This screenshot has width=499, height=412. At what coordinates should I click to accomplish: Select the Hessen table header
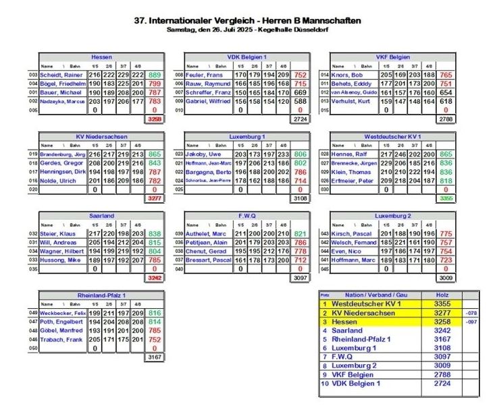tap(102, 57)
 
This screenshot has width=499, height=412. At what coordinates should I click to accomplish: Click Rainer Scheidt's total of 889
tap(155, 75)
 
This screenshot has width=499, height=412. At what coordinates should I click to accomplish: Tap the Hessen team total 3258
tap(155, 119)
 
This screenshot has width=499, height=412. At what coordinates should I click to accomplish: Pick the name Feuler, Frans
tap(203, 75)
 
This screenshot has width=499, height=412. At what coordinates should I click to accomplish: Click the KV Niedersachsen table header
tap(102, 136)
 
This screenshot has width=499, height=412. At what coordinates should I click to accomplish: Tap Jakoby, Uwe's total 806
tap(300, 154)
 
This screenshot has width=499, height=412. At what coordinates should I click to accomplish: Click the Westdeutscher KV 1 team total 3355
tap(446, 198)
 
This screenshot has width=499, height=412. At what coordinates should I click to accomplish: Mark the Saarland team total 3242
tap(155, 277)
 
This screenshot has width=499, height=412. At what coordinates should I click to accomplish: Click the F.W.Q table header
tap(248, 216)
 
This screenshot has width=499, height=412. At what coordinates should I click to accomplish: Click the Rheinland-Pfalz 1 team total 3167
tap(155, 357)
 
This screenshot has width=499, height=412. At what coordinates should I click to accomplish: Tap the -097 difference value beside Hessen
tap(471, 322)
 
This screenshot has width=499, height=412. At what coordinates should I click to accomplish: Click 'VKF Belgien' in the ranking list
tap(351, 374)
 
